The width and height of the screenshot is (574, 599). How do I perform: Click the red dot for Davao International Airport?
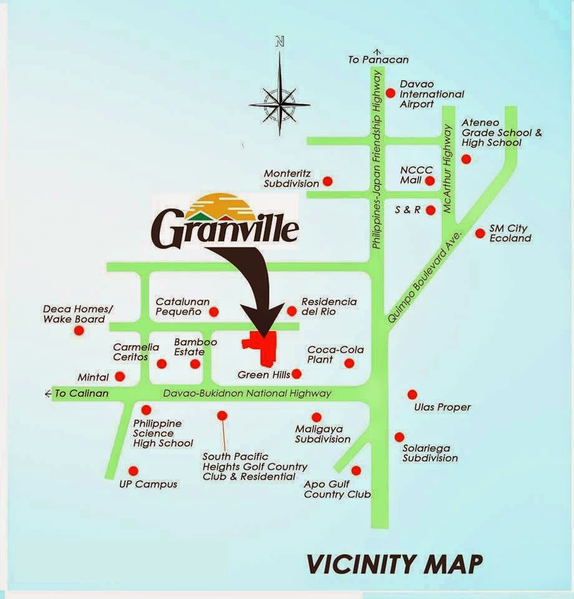coord(391,93)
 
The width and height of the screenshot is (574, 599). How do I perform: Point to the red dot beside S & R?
coord(430,210)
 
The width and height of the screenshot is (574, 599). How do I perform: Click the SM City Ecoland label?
coord(510,233)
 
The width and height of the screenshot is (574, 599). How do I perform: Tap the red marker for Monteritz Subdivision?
coord(328,182)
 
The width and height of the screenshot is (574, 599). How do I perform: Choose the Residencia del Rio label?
coord(329,306)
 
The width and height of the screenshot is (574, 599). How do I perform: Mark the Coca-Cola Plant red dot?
coord(349,363)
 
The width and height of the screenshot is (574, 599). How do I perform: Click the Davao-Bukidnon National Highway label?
coord(247,393)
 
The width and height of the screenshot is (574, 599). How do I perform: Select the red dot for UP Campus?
coord(132,471)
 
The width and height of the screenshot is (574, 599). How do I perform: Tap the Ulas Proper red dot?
coord(412,394)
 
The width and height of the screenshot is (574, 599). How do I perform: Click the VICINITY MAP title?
coord(395,563)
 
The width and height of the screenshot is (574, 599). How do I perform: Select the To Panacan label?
coord(378,60)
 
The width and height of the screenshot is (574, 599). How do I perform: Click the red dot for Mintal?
coord(120,376)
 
